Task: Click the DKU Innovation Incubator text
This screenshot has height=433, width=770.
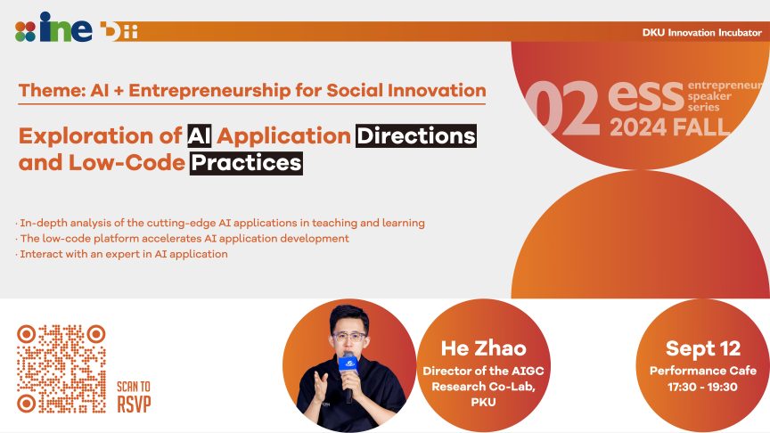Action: pyautogui.click(x=701, y=32)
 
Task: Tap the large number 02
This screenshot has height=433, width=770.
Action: pyautogui.click(x=562, y=110)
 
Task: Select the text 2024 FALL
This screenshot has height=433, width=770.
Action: pyautogui.click(x=669, y=127)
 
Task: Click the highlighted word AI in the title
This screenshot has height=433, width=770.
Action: pyautogui.click(x=199, y=136)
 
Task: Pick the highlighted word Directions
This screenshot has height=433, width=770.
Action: pyautogui.click(x=415, y=136)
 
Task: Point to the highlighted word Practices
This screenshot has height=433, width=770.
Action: pyautogui.click(x=247, y=164)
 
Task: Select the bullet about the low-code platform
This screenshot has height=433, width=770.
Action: pyautogui.click(x=183, y=238)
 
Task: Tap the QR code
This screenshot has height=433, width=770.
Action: pyautogui.click(x=61, y=368)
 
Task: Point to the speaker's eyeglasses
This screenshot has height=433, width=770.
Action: pyautogui.click(x=348, y=337)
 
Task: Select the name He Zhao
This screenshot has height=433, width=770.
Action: pyautogui.click(x=483, y=348)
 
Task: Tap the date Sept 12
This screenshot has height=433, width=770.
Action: pyautogui.click(x=702, y=348)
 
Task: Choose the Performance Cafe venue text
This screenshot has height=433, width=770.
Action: pyautogui.click(x=702, y=371)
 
